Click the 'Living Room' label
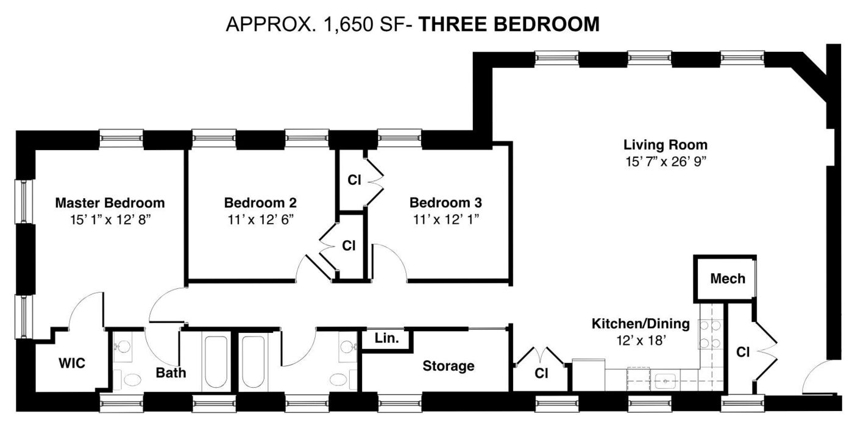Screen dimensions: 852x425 click(666, 145)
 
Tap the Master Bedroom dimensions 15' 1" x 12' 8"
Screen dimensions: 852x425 click(110, 220)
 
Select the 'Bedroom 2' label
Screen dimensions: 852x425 click(260, 203)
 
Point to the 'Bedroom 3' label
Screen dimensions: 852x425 click(446, 203)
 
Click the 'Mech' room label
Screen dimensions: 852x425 click(728, 279)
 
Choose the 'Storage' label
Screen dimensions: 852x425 click(449, 366)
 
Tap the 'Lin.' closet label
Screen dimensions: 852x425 click(387, 338)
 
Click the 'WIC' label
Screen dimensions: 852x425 click(72, 363)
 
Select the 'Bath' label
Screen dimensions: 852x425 click(171, 373)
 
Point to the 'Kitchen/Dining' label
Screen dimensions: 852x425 click(641, 324)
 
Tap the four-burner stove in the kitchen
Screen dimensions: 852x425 click(710, 334)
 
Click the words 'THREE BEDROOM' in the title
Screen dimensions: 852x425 click(508, 24)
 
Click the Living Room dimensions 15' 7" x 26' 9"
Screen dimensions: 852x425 click(666, 162)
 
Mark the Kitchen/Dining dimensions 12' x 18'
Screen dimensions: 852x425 click(641, 340)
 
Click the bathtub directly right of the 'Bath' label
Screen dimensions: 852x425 click(216, 362)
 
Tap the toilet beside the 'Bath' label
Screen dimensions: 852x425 click(131, 379)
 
